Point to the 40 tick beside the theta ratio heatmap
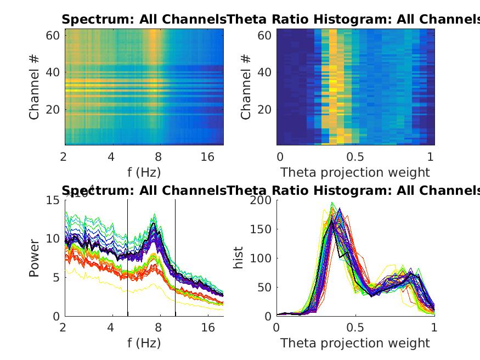coord(264,72)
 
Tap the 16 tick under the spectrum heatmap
coord(208,157)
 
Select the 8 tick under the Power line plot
coord(159,328)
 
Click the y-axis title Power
coord(35,258)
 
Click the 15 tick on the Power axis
coord(53,200)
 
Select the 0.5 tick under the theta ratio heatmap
coord(355,157)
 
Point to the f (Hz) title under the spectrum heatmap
coord(144,172)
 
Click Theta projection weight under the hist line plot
coord(355,343)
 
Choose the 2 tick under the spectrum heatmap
coord(65,157)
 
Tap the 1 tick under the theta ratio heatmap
coord(431,157)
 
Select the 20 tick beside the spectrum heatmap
coord(53,110)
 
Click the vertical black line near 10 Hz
coord(176,258)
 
